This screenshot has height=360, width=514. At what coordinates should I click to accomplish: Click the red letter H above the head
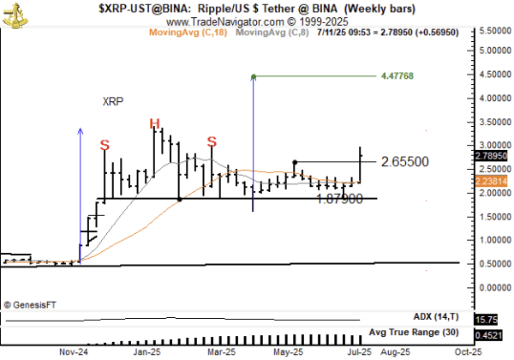click(x=155, y=124)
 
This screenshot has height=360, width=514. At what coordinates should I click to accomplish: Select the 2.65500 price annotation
click(x=405, y=161)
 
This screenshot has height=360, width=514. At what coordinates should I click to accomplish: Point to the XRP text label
click(x=113, y=101)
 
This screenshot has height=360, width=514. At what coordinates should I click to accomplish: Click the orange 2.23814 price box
click(x=490, y=182)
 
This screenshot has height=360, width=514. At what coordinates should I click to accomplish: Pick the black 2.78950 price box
click(x=490, y=156)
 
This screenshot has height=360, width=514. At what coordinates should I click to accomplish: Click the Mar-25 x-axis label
click(x=221, y=351)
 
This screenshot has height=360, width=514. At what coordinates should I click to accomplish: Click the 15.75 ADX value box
click(x=487, y=319)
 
